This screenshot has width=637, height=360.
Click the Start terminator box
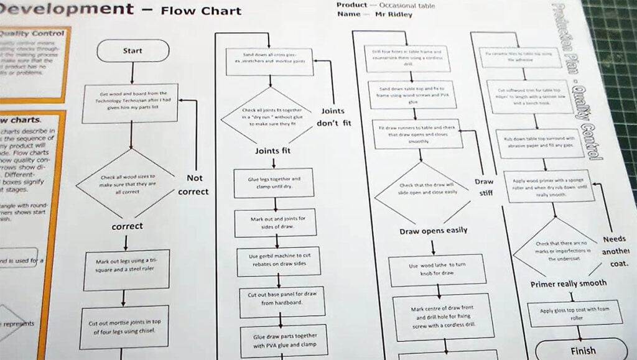coord(133,51)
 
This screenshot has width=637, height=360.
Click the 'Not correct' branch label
coord(193,185)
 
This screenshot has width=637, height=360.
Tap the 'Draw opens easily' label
coord(433,231)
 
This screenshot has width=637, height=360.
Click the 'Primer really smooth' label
coord(568,284)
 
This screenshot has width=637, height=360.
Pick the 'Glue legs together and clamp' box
coord(274,182)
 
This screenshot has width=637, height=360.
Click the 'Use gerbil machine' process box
coord(278,261)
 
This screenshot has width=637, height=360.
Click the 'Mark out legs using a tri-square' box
coord(127,270)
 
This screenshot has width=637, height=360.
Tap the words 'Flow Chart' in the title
coord(200,11)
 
